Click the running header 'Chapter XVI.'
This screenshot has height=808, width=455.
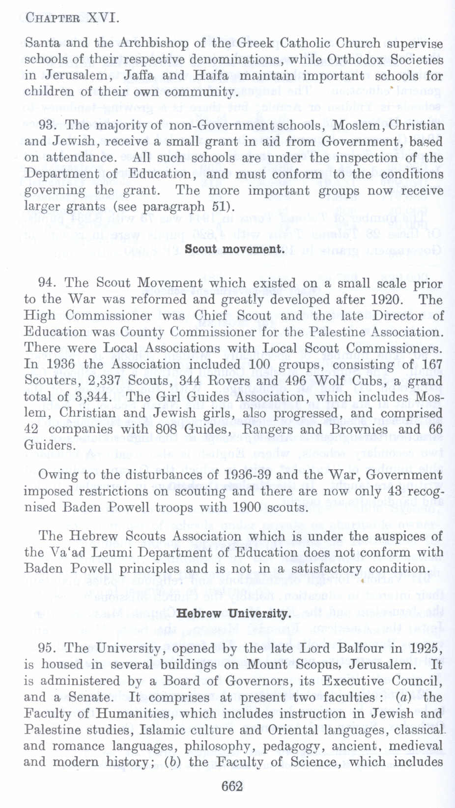click(x=72, y=19)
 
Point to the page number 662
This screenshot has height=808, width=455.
click(x=232, y=786)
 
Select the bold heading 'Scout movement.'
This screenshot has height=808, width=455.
click(x=234, y=249)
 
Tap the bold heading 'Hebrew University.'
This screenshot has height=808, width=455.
click(x=233, y=614)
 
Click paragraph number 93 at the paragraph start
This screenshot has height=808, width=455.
click(x=46, y=125)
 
